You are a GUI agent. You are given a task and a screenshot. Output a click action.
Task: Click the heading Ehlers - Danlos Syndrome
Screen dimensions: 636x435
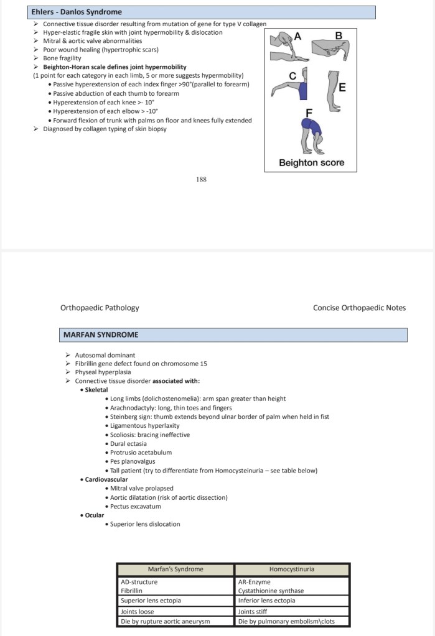coord(77,12)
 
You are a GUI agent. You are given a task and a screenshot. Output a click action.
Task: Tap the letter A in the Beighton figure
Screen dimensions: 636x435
coord(297,37)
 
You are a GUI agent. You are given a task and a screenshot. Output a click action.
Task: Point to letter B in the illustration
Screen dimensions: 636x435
coord(339,36)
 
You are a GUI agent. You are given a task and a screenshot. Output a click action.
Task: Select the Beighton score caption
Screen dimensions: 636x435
coord(311,163)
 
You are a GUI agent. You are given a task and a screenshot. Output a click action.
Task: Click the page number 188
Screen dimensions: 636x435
coord(201,180)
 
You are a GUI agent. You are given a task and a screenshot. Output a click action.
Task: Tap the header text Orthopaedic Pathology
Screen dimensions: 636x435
coord(100,308)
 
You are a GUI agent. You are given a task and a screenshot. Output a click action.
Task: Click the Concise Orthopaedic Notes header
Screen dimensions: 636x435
coord(359,308)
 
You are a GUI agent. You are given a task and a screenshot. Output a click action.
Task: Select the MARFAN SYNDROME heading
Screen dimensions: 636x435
coord(101,335)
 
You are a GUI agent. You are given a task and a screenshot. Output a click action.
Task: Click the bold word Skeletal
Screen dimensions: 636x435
coord(96,390)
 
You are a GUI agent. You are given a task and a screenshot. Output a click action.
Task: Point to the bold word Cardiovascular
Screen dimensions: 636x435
coord(106,480)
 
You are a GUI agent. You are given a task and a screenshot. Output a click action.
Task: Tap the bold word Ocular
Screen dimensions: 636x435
coord(95,515)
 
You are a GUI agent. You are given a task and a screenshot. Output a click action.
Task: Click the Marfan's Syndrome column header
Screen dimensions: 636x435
coord(175,569)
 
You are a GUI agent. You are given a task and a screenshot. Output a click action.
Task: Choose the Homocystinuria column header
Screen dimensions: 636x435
coord(291,569)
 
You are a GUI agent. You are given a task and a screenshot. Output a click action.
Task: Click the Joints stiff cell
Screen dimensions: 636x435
coord(255,612)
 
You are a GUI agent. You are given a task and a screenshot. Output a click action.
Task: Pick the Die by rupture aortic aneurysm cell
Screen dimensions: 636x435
coord(166,621)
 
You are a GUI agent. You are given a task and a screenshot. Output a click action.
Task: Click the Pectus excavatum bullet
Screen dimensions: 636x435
coord(135,506)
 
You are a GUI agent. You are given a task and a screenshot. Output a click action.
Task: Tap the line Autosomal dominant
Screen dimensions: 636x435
coord(96,355)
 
